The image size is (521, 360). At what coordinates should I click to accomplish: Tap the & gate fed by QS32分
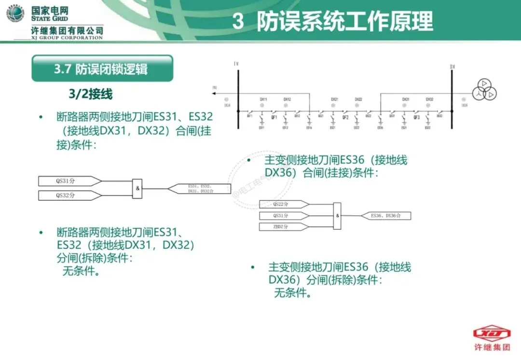pos(138,188)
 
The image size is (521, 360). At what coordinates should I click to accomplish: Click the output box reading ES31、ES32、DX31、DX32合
pos(200,189)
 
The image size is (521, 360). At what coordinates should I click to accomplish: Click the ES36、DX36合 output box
pos(386,216)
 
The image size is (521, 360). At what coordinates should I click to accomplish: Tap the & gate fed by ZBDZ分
pos(337,216)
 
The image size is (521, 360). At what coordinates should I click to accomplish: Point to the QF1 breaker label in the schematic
pos(274,117)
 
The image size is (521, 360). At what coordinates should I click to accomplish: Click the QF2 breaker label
pos(345,117)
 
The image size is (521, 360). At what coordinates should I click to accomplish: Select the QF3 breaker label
pos(417,117)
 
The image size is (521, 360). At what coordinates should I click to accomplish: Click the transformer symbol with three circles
pos(484,89)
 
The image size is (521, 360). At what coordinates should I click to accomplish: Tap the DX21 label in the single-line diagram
pos(334,99)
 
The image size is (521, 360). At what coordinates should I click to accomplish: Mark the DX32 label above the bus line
pos(429,99)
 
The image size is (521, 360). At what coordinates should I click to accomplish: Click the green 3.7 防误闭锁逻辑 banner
pos(102,69)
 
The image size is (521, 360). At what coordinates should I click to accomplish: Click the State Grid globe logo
pos(15,14)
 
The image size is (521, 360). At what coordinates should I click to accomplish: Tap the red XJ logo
pos(492,333)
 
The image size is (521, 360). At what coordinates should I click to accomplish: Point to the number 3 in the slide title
pos(238,22)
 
